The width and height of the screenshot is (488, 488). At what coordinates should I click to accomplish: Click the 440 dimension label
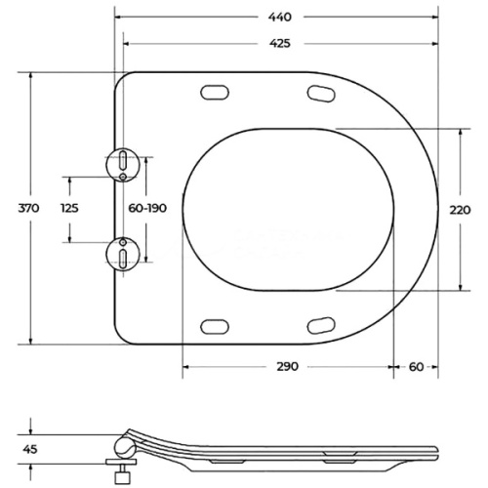point(280,17)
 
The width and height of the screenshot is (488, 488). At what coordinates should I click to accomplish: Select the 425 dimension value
point(280,43)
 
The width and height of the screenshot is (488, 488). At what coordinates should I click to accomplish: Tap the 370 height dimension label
point(28,208)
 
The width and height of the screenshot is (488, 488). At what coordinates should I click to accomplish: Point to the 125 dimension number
point(69,208)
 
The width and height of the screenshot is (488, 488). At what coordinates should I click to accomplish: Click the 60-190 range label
point(147,208)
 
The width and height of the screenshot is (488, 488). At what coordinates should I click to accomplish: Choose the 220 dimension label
point(460,210)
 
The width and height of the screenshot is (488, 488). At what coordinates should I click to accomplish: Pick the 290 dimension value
point(288,367)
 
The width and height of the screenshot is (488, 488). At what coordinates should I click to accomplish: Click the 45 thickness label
point(30,449)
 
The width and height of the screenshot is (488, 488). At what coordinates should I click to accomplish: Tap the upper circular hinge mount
point(123,165)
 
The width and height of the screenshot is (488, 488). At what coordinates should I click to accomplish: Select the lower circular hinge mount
point(123,254)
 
